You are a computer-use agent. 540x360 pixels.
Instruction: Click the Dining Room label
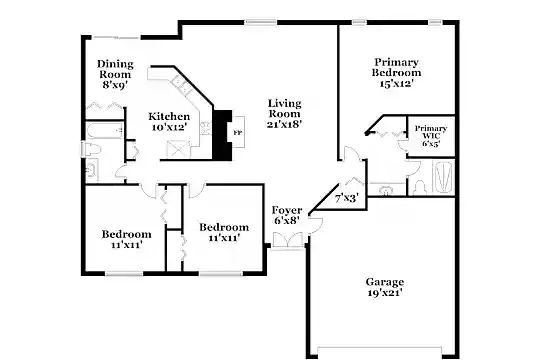tap(115, 69)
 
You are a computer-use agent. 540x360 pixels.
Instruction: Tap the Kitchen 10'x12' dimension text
tap(169, 127)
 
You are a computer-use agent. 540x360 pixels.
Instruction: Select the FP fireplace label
tap(238, 133)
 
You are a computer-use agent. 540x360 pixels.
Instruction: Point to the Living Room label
tap(284, 108)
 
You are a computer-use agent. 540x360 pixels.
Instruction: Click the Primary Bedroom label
tap(396, 68)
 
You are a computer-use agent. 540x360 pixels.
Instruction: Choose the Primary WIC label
tap(431, 132)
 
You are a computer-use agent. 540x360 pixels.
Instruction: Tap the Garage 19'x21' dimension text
tap(385, 293)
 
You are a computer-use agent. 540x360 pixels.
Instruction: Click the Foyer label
tap(287, 210)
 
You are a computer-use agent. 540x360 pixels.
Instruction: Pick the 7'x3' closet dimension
tap(347, 198)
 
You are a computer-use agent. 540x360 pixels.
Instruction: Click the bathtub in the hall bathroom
tap(105, 131)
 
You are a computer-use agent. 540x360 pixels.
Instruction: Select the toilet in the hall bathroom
tap(91, 149)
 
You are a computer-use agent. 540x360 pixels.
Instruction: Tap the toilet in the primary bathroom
tap(419, 188)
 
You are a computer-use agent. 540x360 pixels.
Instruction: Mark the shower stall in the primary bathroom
tap(443, 177)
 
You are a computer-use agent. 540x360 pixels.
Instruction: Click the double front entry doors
tap(288, 240)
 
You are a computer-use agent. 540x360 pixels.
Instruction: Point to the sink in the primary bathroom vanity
tap(386, 190)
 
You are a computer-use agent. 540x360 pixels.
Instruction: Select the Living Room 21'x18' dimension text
tap(284, 124)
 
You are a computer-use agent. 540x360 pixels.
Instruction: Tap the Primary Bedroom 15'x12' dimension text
tap(396, 83)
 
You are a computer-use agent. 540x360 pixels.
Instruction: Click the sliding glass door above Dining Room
tap(116, 37)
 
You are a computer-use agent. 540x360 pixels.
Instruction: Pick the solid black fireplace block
tap(221, 135)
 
